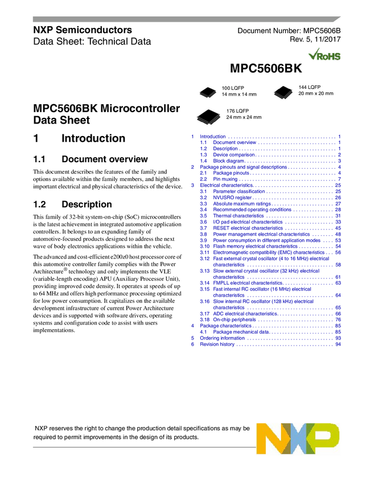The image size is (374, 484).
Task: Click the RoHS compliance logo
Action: coord(324,54)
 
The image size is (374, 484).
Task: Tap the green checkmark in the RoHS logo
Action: coord(313,54)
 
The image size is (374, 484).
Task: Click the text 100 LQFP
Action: coord(233,88)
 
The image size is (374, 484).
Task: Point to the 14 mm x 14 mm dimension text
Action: coord(239,95)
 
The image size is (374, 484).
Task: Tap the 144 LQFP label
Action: coord(310,87)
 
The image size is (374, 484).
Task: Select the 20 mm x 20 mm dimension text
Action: coord(316,94)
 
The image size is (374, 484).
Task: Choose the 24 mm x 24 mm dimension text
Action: coord(244,117)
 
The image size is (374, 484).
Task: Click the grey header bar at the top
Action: coord(182,19)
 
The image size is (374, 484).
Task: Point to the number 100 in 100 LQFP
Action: coord(226,88)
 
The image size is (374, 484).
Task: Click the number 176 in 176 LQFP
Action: coord(231,110)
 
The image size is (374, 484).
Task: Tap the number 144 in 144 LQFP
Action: coord(303,87)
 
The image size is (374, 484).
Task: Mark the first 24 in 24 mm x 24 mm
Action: coord(229,117)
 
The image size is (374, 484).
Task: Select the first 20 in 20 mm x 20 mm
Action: coord(301,94)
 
